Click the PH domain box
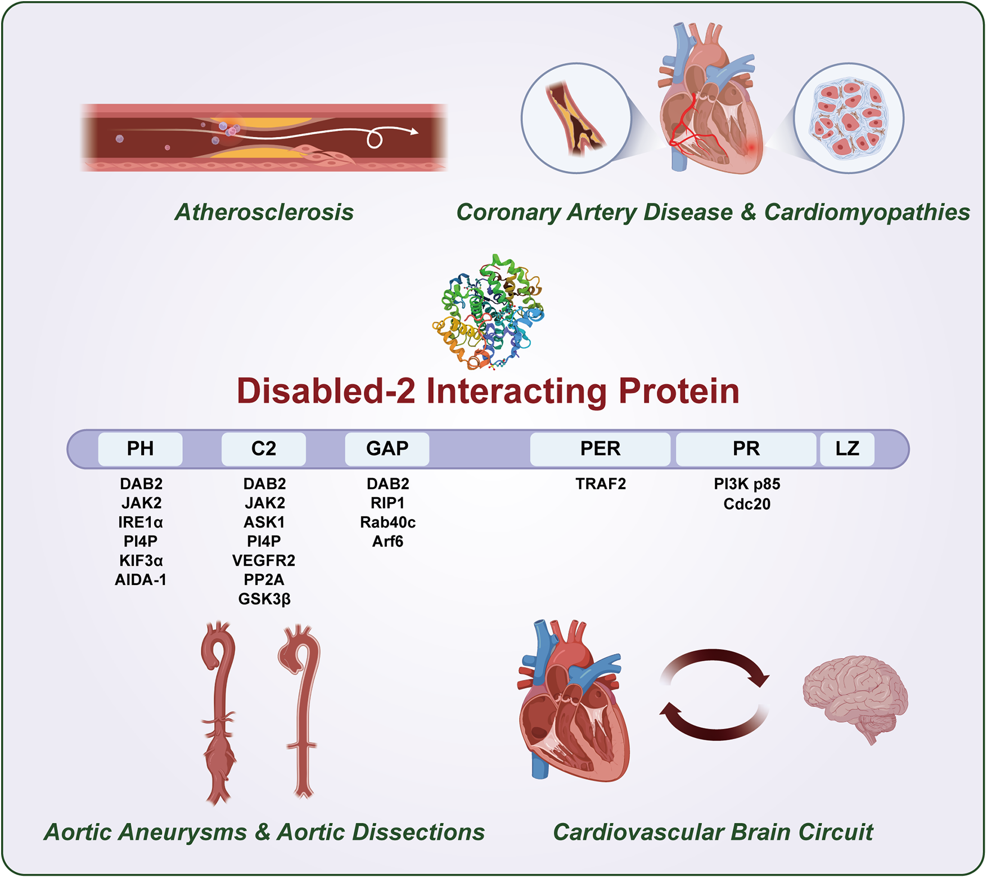[x=140, y=449]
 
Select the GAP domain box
[x=387, y=449]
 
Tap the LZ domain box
[x=847, y=449]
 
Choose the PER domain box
[x=600, y=449]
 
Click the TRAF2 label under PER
[x=601, y=484]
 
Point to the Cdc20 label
[x=747, y=504]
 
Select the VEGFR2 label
[x=264, y=560]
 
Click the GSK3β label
[x=264, y=599]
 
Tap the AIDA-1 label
[x=141, y=580]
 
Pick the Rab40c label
[x=387, y=523]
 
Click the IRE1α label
[x=141, y=523]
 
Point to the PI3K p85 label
[x=747, y=484]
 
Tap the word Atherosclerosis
[x=264, y=213]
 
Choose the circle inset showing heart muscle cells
[x=849, y=118]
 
